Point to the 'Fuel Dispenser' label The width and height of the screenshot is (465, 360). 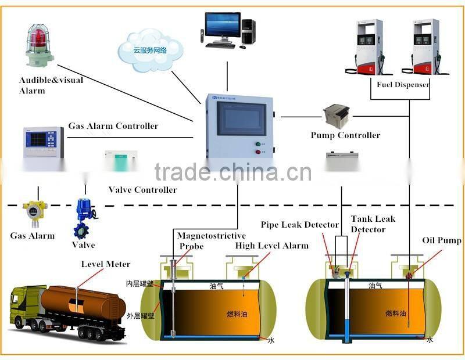(x=403, y=84)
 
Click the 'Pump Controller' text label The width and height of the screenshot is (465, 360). (x=345, y=135)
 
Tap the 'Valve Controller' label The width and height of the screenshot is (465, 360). (x=142, y=190)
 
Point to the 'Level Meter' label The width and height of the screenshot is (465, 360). (x=105, y=264)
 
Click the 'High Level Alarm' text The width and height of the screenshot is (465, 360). (x=271, y=246)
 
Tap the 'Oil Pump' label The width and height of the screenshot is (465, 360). (x=442, y=240)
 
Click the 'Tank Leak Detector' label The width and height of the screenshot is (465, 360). (x=372, y=224)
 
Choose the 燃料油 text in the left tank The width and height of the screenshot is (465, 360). (x=237, y=314)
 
